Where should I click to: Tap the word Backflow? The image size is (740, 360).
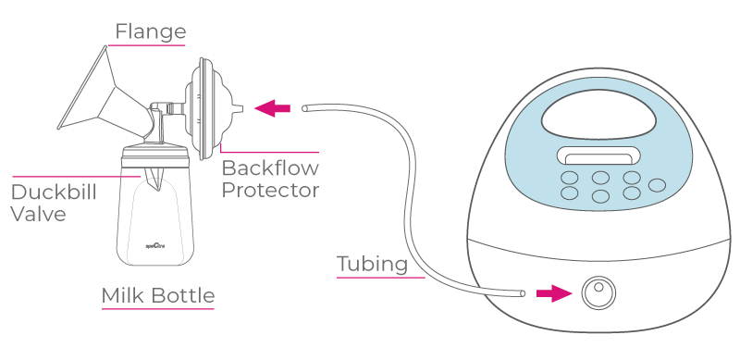[270, 169]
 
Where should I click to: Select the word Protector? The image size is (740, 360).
[270, 191]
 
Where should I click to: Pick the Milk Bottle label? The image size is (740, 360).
[158, 296]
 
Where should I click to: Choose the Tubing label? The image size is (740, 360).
[372, 264]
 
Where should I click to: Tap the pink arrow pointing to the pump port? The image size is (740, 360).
[552, 293]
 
